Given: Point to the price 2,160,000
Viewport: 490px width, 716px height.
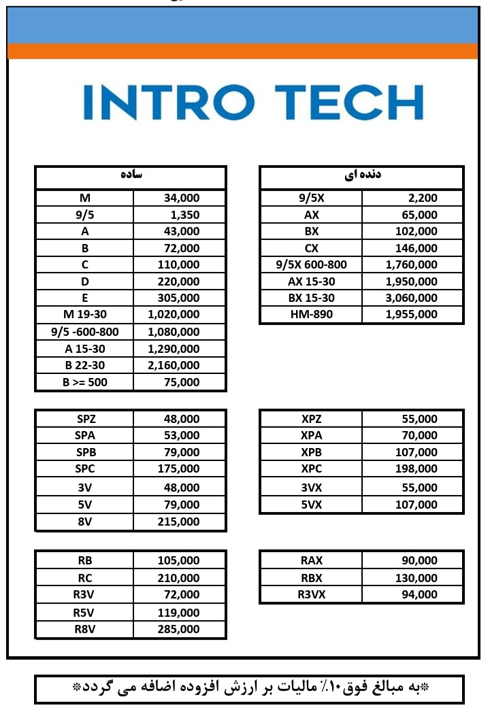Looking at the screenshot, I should (x=174, y=365).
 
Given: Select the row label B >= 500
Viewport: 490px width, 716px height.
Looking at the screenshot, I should (x=85, y=382).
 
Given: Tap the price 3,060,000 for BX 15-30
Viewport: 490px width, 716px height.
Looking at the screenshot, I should (x=411, y=298).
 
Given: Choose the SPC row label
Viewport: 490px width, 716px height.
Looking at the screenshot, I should (x=85, y=468).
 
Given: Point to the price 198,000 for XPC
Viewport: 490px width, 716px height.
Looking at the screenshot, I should (x=416, y=468).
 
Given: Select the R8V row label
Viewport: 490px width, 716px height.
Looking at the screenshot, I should (x=85, y=629).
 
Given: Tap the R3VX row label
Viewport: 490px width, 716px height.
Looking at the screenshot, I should (x=312, y=594).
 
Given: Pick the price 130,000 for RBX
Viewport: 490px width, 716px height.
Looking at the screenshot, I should (x=416, y=578).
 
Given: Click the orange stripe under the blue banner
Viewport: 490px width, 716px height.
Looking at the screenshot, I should (x=242, y=51).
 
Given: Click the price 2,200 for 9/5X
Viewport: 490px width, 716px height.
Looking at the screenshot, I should (x=423, y=199).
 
